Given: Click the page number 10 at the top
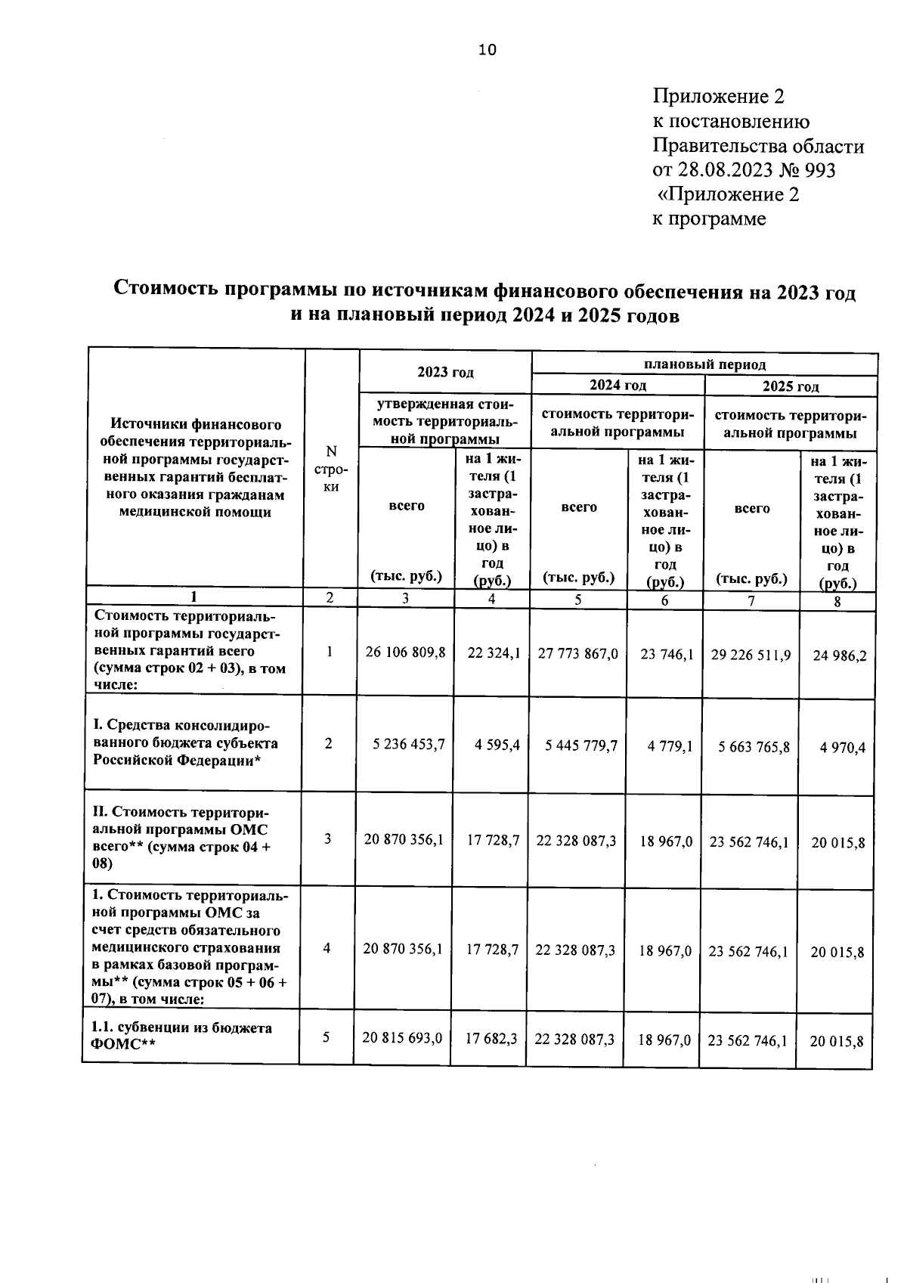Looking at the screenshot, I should point(488,50).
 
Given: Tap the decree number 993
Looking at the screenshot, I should point(821,170).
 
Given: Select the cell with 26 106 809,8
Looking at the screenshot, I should point(405,652).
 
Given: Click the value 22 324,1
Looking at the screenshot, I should point(494,653).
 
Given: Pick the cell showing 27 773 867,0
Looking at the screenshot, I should point(578,653).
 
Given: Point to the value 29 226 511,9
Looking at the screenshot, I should point(751,655).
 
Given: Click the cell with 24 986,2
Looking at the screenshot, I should point(839,655).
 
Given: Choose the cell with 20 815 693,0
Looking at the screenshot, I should point(402,1038).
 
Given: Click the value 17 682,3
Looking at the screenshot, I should point(491,1039).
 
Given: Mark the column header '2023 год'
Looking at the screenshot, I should point(445,372).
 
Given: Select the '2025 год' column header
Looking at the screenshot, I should point(790,386).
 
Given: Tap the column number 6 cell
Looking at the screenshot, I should point(664,601).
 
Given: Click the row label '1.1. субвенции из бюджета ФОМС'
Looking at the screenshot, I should point(181,1036).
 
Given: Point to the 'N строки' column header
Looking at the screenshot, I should point(331,469).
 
